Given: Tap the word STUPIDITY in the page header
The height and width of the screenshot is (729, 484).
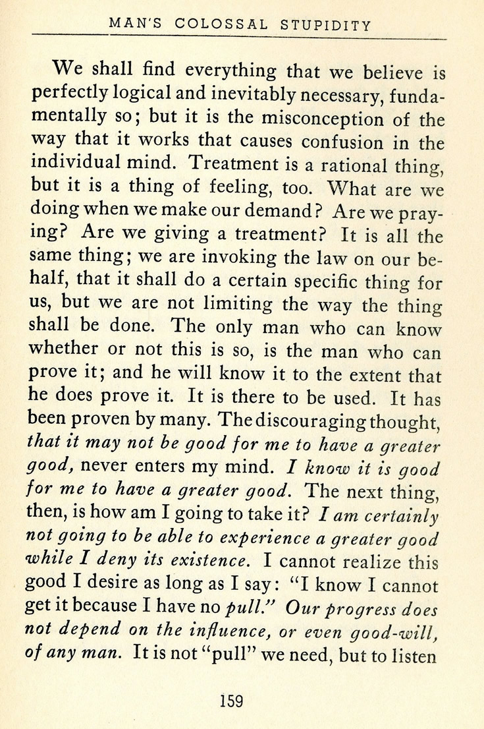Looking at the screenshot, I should (326, 26).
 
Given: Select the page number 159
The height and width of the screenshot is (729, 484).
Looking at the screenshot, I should (232, 700).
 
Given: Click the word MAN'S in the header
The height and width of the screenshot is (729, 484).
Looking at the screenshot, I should (132, 25).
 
